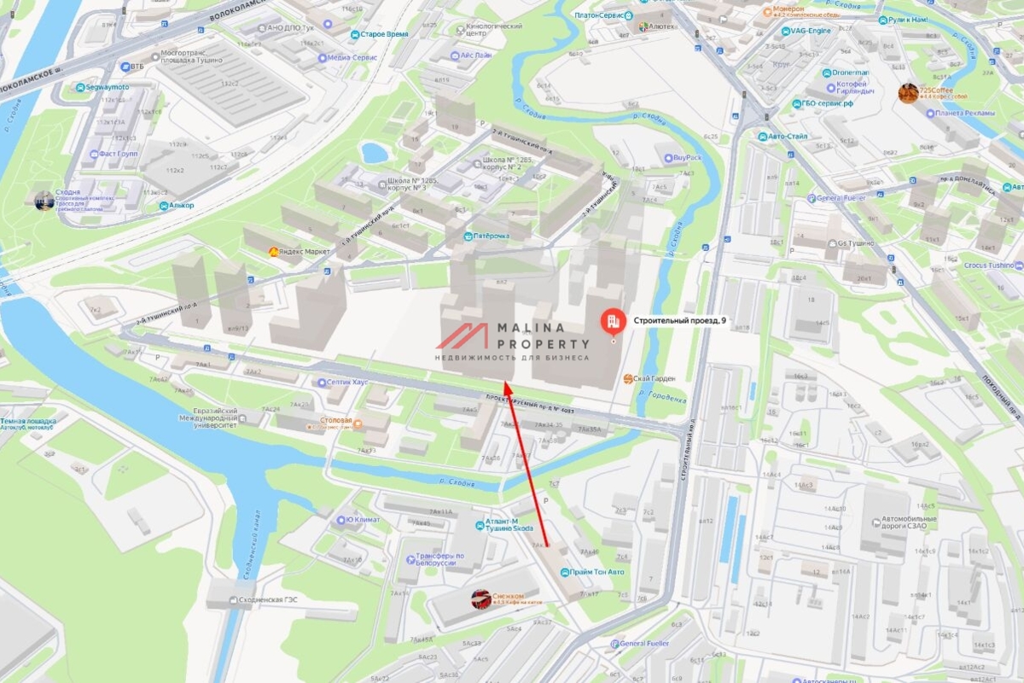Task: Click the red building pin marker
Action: [613, 322]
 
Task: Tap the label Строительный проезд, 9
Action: [680, 321]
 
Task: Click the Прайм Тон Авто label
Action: [597, 572]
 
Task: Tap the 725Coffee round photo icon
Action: [908, 93]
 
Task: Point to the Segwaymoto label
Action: [108, 87]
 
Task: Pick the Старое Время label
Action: [383, 34]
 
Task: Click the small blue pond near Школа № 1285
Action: [374, 153]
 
